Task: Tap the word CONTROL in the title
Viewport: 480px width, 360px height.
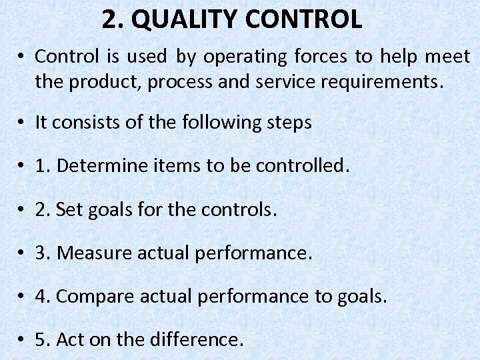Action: coord(303,20)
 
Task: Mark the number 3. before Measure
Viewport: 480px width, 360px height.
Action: coord(43,253)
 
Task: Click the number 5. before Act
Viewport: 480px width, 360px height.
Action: coord(43,340)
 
